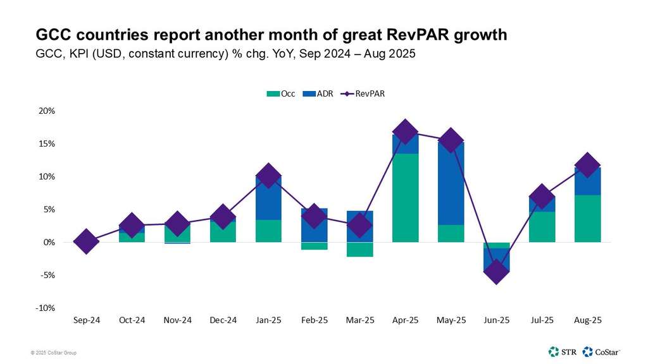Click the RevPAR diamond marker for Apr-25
click(405, 131)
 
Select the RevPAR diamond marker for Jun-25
click(495, 271)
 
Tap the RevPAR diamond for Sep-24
click(86, 241)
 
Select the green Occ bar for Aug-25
click(587, 219)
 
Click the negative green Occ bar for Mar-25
click(359, 250)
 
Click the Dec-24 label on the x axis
click(223, 320)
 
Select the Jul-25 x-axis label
click(542, 320)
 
